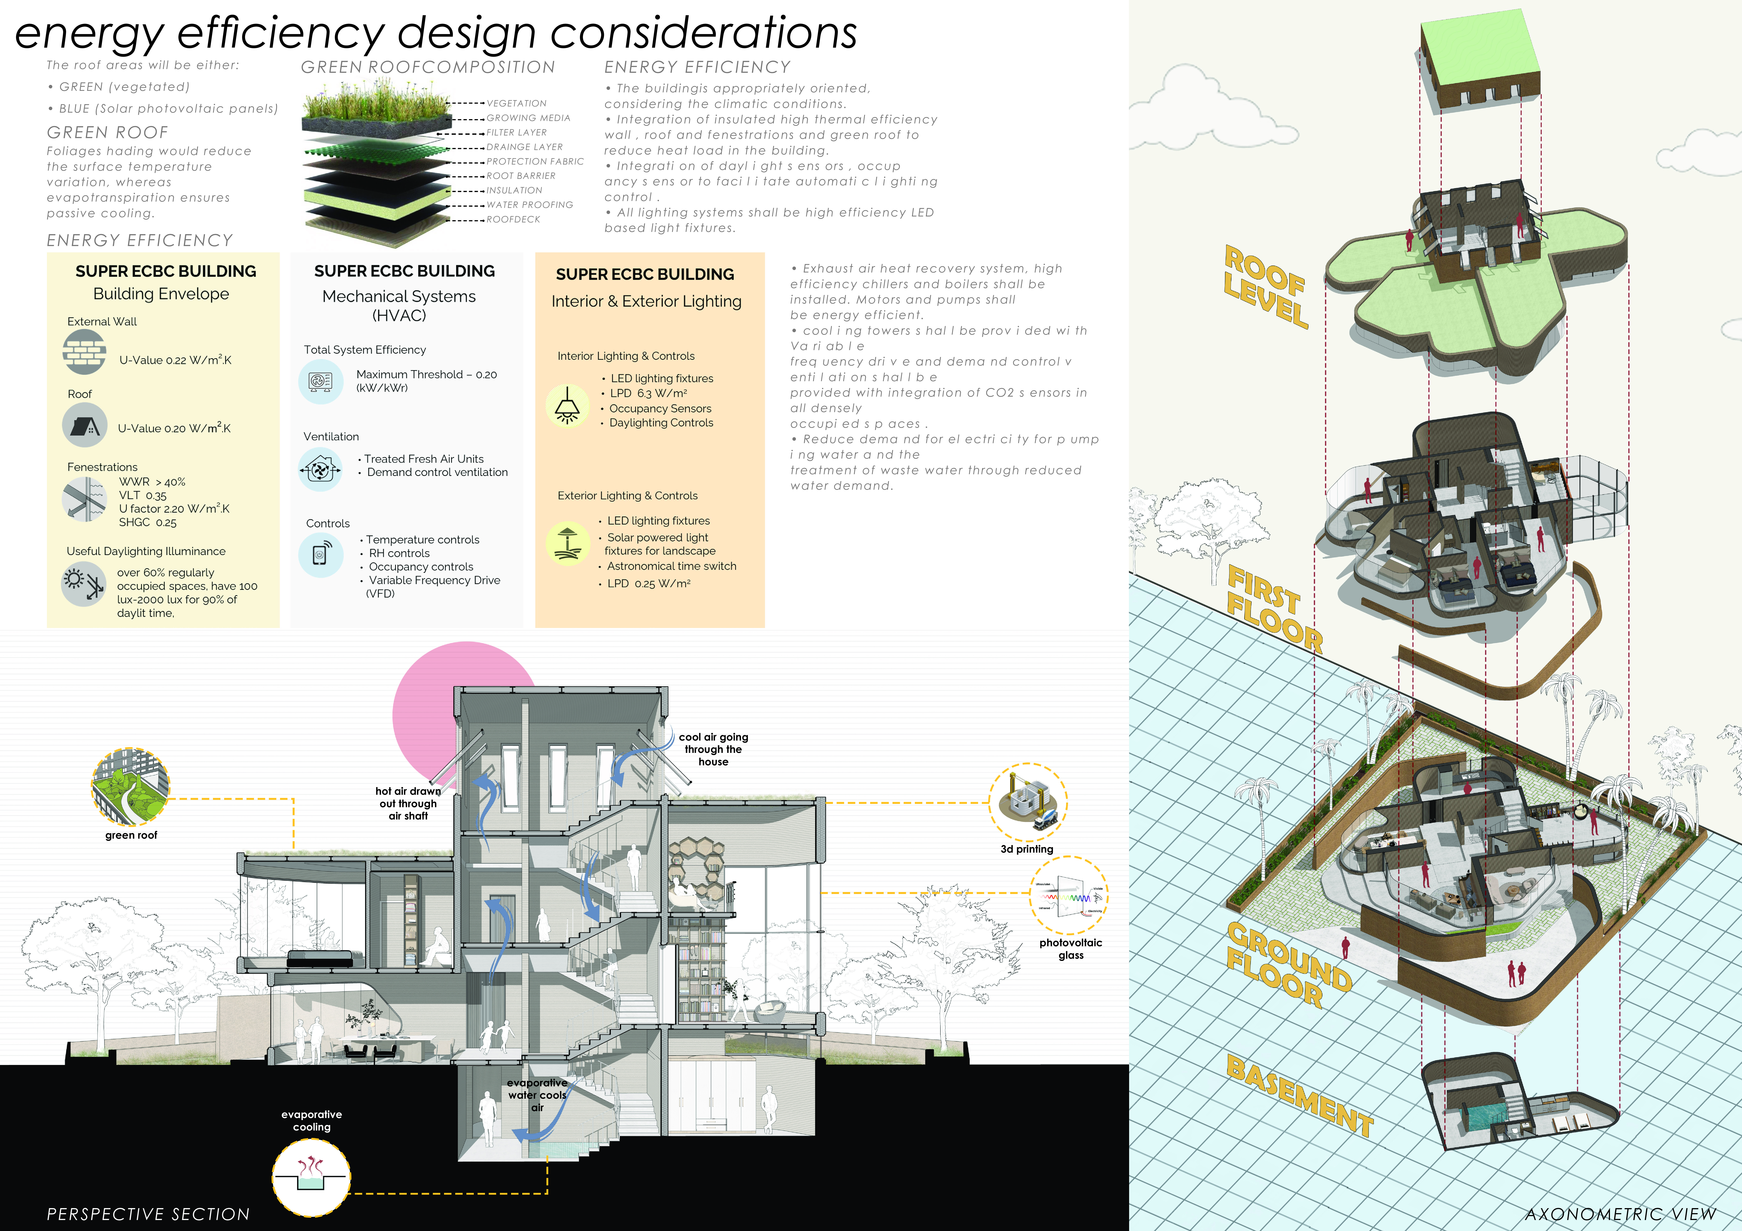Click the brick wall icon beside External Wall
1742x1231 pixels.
84,352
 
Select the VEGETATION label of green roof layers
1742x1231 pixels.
517,103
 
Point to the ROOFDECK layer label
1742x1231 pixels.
514,219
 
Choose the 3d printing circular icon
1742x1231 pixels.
1028,803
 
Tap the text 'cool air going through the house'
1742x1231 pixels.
713,749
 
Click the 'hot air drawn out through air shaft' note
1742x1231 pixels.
408,803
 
